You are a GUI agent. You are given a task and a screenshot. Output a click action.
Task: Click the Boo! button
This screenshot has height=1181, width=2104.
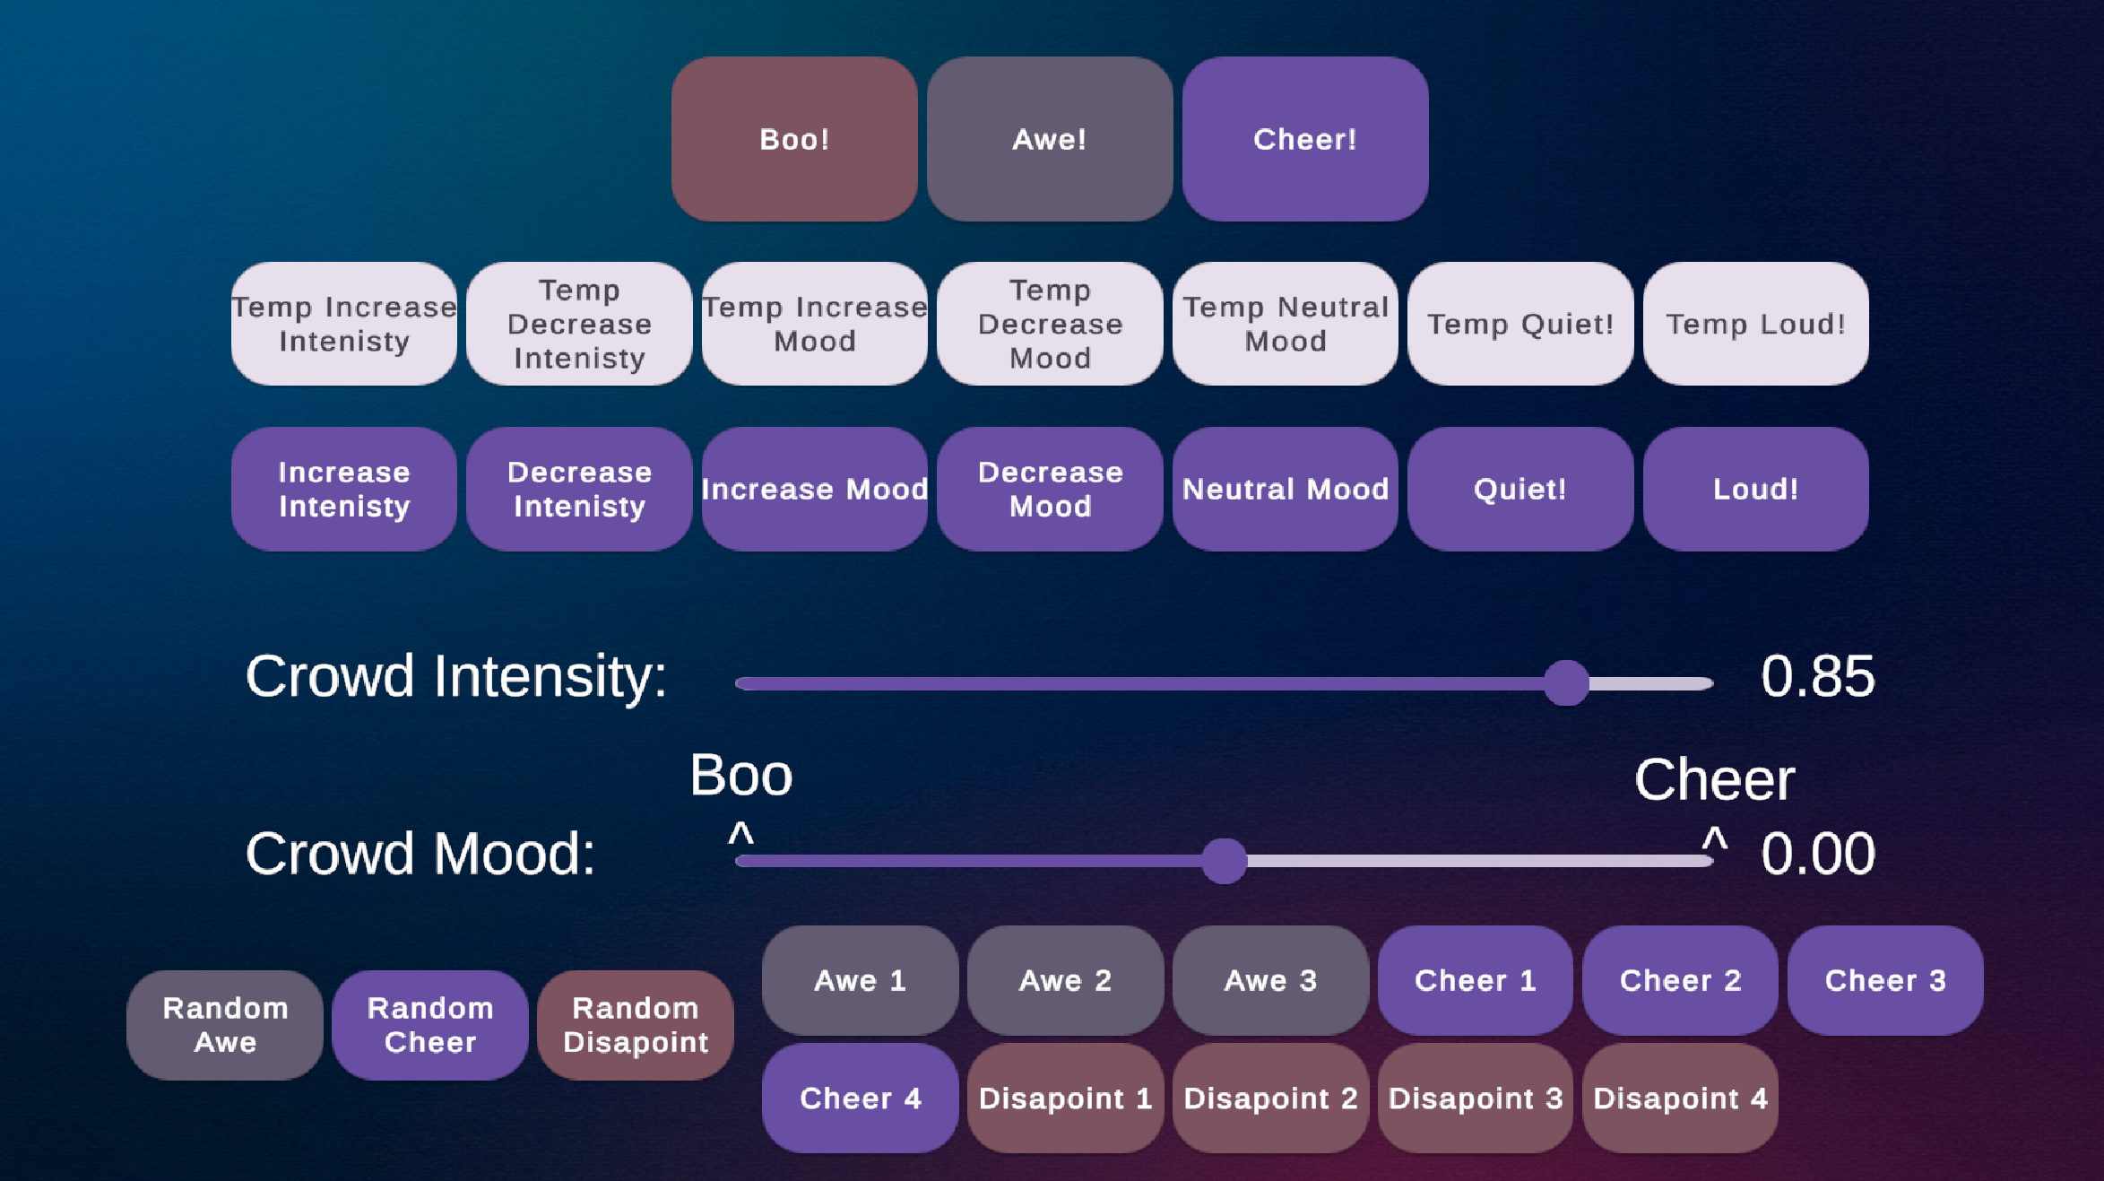794,139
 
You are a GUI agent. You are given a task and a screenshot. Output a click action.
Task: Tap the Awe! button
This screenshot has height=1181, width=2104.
1049,139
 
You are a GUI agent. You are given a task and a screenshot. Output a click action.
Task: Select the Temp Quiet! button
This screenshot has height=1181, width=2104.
1520,324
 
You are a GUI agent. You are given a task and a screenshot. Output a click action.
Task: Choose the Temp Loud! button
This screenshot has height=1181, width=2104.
1755,324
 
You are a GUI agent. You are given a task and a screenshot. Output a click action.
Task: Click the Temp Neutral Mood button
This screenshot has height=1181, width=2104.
1285,324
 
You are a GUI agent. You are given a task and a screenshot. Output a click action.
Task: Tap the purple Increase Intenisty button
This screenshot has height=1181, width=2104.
344,489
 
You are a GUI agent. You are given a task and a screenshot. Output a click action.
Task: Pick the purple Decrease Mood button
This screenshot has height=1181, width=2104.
1050,489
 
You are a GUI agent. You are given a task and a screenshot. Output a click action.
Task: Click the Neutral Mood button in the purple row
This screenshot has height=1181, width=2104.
1285,489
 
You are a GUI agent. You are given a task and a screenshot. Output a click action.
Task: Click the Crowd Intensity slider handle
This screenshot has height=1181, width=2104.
1566,683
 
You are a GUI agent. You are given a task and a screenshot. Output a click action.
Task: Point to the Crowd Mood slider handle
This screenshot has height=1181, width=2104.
1224,861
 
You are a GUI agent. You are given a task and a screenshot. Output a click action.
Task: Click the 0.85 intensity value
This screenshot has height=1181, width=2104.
1817,676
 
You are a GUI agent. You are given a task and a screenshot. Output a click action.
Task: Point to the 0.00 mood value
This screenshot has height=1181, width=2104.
1817,854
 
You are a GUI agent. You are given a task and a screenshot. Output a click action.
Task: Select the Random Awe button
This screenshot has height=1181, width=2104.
225,1025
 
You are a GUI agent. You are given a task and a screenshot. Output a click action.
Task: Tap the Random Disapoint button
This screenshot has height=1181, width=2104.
636,1025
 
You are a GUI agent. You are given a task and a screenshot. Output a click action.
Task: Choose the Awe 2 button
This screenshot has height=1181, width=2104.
1065,980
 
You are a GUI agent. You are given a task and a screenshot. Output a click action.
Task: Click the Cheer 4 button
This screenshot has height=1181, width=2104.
860,1098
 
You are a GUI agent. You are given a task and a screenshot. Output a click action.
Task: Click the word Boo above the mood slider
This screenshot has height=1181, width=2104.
740,775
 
